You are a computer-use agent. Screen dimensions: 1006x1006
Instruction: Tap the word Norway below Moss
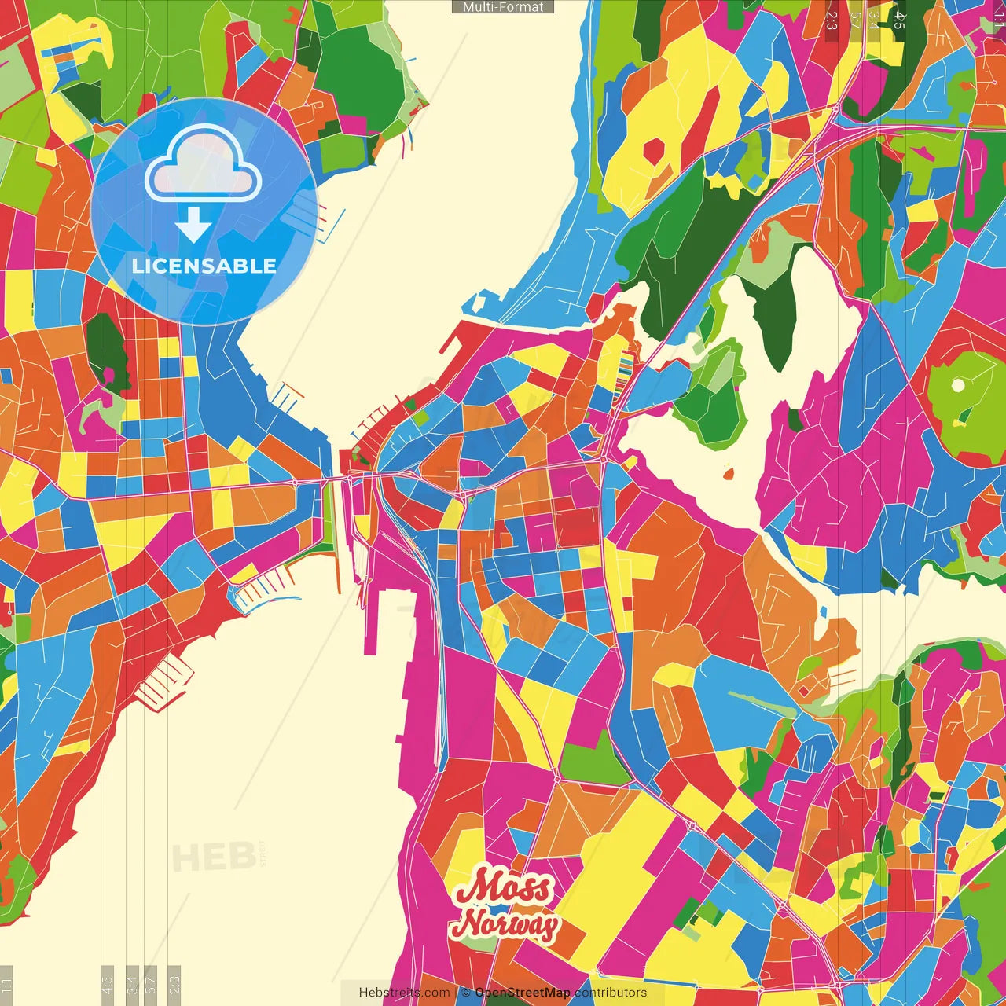(505, 924)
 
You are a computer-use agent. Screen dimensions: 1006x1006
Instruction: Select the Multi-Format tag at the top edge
(503, 7)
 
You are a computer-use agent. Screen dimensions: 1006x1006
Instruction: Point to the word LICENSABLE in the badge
(204, 266)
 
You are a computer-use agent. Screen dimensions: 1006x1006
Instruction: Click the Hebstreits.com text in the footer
(404, 993)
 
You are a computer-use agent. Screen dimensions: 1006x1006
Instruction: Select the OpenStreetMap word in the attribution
(522, 993)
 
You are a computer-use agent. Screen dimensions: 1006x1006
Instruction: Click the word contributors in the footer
(611, 993)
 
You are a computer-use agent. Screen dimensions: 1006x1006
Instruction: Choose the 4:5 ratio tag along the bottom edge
(107, 985)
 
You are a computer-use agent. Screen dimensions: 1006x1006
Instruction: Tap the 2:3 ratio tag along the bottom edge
(174, 985)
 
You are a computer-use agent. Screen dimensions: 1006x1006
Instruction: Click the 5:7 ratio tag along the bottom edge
(152, 985)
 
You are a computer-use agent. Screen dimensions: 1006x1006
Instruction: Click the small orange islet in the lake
(728, 474)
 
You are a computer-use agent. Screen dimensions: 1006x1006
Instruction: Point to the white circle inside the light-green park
(958, 386)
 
